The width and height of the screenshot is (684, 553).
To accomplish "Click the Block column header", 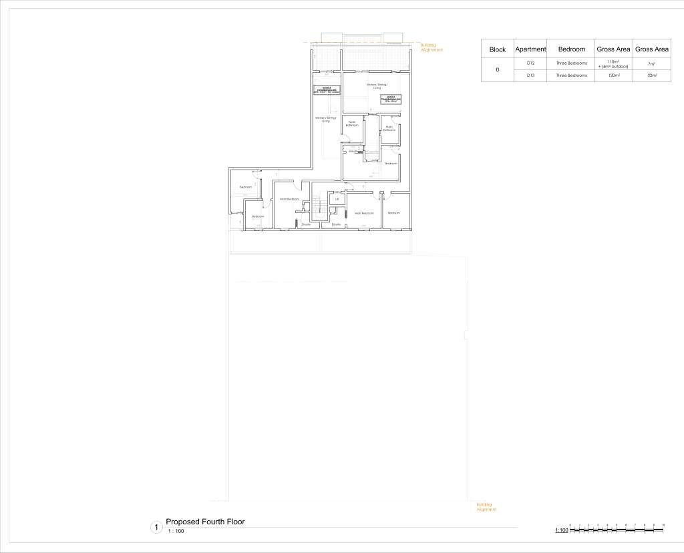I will [x=498, y=49].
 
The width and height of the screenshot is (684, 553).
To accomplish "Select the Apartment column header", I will [x=530, y=49].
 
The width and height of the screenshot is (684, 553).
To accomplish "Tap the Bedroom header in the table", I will [x=571, y=49].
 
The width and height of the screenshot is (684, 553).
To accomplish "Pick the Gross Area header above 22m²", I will [x=652, y=49].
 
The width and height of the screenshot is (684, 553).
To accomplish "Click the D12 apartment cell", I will [x=530, y=63].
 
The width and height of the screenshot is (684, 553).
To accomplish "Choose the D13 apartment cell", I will [x=530, y=76].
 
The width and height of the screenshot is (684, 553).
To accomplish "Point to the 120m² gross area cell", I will [x=613, y=76].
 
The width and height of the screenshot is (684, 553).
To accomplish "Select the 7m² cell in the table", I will [x=652, y=63].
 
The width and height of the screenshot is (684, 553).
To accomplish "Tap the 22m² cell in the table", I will [x=652, y=76].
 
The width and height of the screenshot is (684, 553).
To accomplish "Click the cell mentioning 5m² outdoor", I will [x=613, y=64].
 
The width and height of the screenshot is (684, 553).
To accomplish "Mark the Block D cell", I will [x=498, y=69].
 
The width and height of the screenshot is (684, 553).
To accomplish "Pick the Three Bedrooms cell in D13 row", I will [x=571, y=76].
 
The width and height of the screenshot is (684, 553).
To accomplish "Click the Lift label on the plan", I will [x=337, y=199].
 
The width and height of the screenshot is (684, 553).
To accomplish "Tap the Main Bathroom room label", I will [x=352, y=124].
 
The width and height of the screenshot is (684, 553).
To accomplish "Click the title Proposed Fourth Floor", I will [x=205, y=522].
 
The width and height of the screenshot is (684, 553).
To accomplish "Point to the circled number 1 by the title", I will [x=156, y=528].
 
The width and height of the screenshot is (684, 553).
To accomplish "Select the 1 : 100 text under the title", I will [x=175, y=532].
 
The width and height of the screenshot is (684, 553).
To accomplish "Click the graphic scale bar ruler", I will [x=616, y=530].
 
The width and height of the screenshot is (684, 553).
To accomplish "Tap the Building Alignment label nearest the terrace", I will [x=432, y=47].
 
